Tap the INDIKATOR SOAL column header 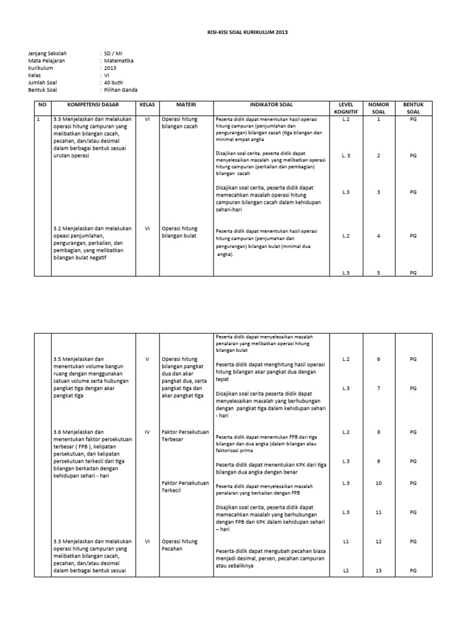point(271,105)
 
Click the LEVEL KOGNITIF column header point(346,108)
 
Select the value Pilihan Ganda point(122,90)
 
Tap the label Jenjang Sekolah point(46,54)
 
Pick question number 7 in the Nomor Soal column point(379,388)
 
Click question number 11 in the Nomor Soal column point(379,512)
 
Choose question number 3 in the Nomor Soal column point(379,192)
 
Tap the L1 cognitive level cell point(346,541)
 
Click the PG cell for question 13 point(413,571)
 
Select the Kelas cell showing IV point(147,432)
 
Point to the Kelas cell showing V point(147,359)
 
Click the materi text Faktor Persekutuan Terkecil point(185,486)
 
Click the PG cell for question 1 point(413,119)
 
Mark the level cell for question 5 point(346,273)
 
